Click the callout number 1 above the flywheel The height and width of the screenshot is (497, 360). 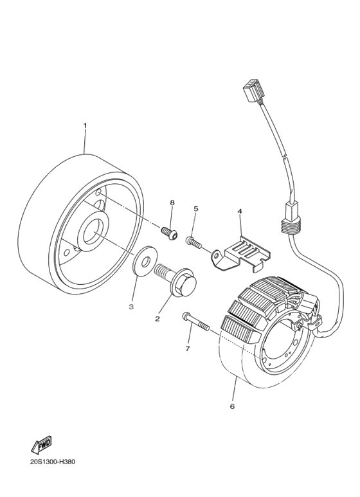pos(85,125)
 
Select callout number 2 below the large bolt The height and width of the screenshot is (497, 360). pos(157,319)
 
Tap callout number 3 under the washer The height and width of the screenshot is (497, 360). pos(131,307)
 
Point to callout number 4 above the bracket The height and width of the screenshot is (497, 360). pos(240,211)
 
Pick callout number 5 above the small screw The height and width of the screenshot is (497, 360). pos(196,208)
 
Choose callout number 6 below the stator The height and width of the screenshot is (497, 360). pos(232,406)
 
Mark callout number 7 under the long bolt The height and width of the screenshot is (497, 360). pos(187,348)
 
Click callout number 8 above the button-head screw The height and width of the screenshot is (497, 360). pos(172,203)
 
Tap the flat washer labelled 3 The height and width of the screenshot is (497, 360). pos(145,261)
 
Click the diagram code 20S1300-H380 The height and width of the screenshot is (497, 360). pos(53,462)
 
